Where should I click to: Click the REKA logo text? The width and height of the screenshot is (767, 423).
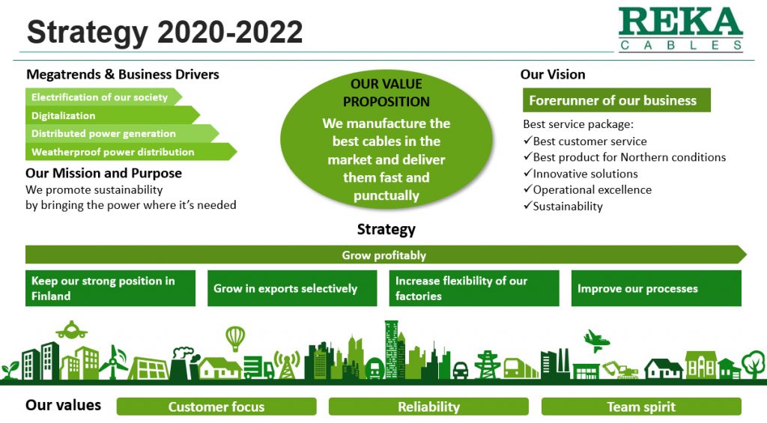(x=680, y=23)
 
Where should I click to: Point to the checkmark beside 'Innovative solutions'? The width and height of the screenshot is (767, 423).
(x=527, y=174)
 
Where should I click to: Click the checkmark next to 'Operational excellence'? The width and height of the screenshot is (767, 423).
(x=527, y=190)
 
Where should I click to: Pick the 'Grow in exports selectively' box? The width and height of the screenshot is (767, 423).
(x=292, y=288)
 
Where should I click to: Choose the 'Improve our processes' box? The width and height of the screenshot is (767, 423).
(x=656, y=288)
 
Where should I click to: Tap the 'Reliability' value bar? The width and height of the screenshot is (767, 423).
(x=428, y=407)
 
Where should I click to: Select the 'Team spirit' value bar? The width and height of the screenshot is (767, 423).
(x=641, y=407)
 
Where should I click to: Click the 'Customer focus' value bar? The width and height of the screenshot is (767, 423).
(x=216, y=407)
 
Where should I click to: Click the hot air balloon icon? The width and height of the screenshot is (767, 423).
(x=235, y=338)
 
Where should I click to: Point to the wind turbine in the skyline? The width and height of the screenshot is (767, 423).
(x=113, y=361)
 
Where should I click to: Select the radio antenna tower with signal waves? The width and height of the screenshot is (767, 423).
(x=286, y=364)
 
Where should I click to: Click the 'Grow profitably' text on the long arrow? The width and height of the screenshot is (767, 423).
(x=383, y=255)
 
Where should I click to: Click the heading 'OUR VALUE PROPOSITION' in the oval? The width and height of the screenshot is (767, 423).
(x=386, y=93)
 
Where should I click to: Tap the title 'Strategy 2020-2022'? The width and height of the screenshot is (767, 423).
(x=165, y=32)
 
